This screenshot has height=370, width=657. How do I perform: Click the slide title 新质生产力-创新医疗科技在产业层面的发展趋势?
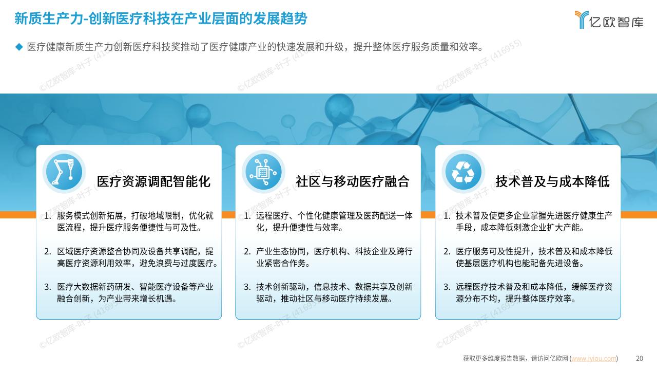[x=161, y=18]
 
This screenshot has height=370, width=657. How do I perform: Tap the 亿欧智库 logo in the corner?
[x=609, y=20]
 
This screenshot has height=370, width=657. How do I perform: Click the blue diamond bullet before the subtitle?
[x=19, y=47]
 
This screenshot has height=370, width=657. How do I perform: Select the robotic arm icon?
[x=64, y=172]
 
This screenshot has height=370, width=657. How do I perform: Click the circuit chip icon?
[x=263, y=172]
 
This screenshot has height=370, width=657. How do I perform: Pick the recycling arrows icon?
[x=463, y=172]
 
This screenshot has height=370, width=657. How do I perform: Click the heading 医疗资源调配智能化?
[x=153, y=181]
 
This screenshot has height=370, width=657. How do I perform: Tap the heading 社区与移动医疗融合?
[x=353, y=181]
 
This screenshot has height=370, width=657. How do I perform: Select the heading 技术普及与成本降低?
[x=553, y=181]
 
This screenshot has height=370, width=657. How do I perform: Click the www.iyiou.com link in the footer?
[x=594, y=359]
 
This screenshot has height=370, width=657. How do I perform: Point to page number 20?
[x=640, y=359]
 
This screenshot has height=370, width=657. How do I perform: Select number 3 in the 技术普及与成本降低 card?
[x=447, y=287]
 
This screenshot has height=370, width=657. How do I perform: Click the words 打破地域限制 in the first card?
[x=156, y=216]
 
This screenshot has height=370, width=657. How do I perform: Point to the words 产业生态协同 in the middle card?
[x=281, y=251]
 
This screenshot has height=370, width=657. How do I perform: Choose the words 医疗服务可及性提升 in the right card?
[x=493, y=251]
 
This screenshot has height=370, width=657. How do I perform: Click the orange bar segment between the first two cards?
[x=228, y=215]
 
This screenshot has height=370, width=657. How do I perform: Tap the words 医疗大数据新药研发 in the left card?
[x=94, y=287]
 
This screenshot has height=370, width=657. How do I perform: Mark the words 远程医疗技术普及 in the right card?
[x=485, y=287]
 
